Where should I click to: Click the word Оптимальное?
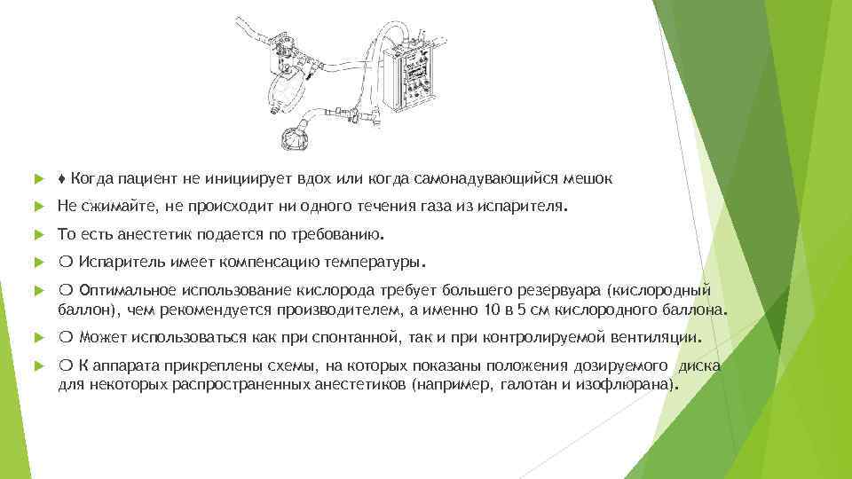128,292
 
